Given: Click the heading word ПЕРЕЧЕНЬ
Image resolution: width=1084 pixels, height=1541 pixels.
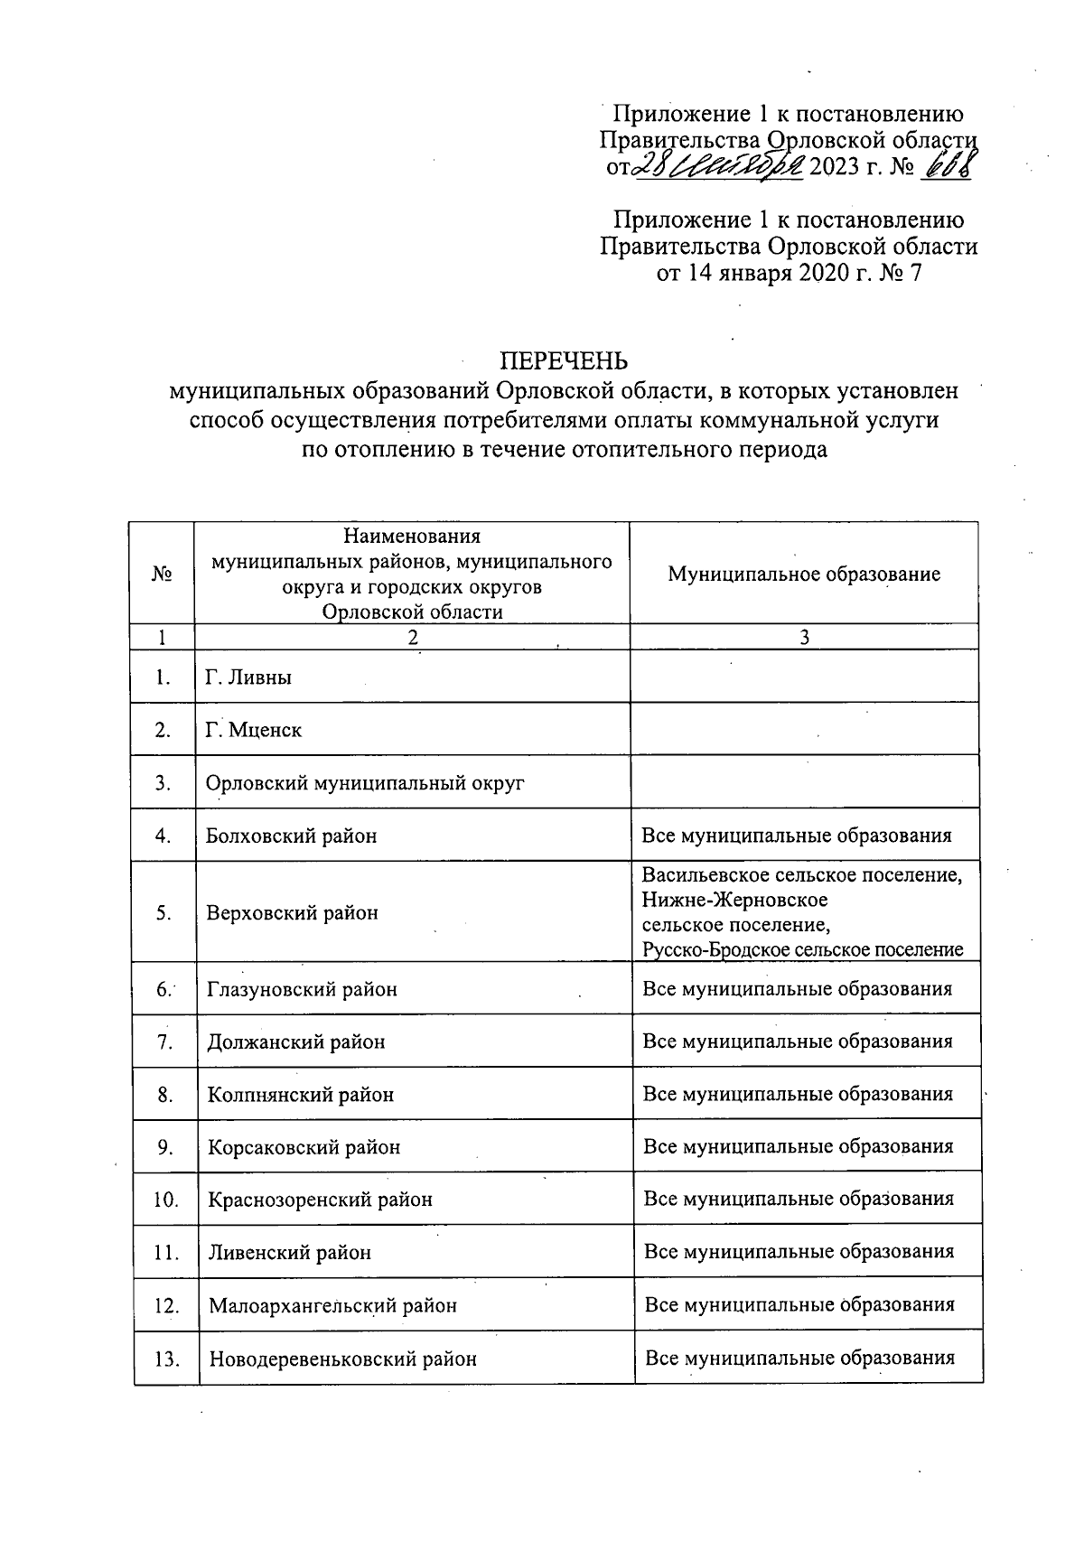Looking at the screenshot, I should (564, 361).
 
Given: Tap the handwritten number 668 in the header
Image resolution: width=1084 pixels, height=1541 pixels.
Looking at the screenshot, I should (945, 166).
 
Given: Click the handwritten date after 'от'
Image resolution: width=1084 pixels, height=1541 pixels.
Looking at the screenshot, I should (719, 166).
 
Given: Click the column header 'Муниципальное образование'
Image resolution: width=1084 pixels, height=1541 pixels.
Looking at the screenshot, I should (804, 574).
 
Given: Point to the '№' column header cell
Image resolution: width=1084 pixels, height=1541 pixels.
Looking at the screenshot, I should (163, 574).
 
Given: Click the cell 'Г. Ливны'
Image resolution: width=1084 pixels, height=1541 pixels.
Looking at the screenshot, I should (248, 677).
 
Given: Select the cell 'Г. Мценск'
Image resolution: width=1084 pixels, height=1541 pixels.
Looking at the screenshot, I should (254, 730).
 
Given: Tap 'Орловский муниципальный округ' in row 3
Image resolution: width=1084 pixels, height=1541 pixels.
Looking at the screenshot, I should (365, 783).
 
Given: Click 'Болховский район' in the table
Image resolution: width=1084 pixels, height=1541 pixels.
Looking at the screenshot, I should (292, 836).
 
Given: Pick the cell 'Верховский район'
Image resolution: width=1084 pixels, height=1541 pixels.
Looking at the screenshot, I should (292, 912).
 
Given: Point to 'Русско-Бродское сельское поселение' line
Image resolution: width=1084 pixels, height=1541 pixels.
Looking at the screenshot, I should (802, 949).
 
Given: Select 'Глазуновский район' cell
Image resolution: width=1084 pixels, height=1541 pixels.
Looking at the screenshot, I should (302, 989).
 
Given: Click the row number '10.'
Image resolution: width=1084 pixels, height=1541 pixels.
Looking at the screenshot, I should (165, 1200).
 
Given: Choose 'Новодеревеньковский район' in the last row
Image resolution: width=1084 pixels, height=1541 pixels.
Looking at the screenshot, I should (342, 1359).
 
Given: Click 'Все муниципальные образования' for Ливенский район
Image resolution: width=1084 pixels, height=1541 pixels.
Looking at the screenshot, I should (799, 1252).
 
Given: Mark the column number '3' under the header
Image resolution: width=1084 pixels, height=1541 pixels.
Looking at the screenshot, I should (804, 638).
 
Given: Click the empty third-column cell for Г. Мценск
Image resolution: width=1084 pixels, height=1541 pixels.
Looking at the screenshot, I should (804, 730).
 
